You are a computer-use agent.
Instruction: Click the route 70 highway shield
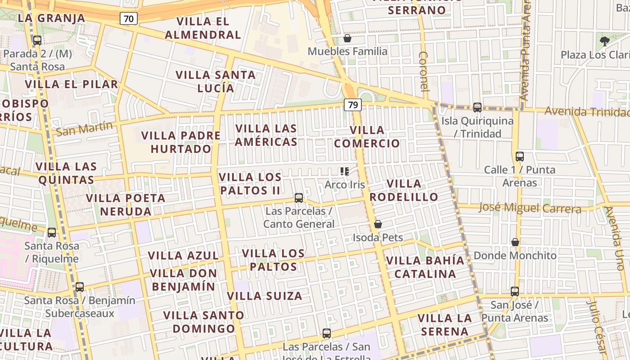tap(129, 18)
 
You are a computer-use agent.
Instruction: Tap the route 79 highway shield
tap(353, 105)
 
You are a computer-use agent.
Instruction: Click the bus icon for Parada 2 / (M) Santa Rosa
tap(37, 40)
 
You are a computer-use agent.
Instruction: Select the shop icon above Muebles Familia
tap(347, 39)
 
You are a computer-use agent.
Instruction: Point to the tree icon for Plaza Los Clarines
tap(604, 41)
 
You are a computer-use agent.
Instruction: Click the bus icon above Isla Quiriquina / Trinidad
tap(477, 108)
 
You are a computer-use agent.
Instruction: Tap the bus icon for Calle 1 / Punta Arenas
tap(520, 157)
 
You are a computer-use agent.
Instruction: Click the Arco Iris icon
tap(345, 171)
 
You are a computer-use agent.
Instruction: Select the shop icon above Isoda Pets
tap(378, 224)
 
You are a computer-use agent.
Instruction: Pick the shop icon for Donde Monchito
tap(515, 242)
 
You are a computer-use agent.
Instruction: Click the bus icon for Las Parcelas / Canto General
tap(298, 198)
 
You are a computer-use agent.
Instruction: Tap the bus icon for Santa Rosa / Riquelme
tap(52, 233)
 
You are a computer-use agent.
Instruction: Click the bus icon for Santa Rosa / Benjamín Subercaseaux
tap(80, 287)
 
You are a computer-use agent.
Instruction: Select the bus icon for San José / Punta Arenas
tap(515, 292)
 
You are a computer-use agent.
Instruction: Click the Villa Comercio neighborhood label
tap(367, 137)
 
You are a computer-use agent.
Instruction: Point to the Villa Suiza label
tap(265, 296)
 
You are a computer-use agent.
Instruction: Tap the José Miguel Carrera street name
tap(530, 208)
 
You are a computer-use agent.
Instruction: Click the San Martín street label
tap(84, 129)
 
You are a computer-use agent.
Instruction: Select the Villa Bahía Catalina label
tap(425, 267)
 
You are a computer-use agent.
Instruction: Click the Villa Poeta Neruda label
tap(126, 205)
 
